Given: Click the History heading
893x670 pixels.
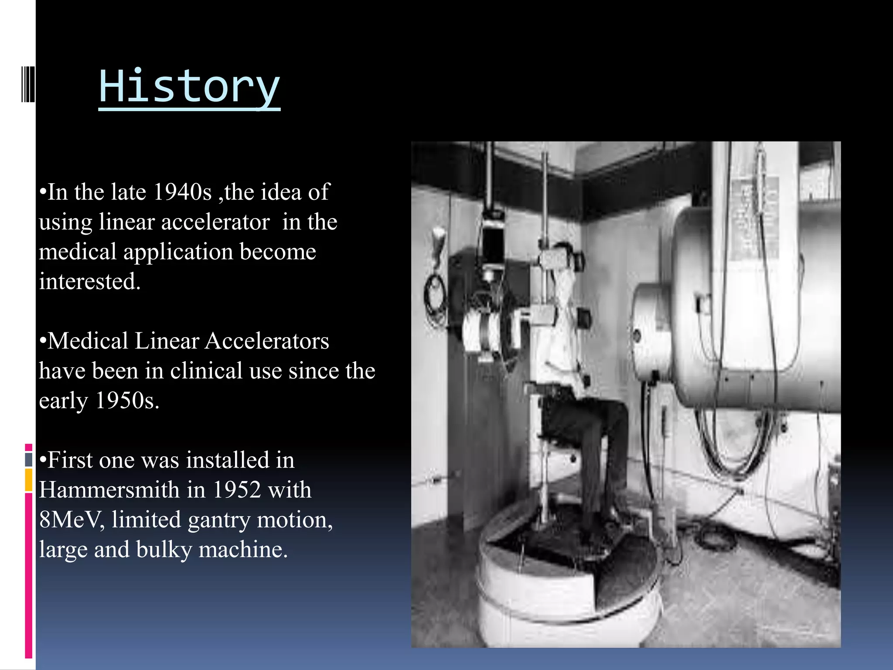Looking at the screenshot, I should click(x=189, y=87).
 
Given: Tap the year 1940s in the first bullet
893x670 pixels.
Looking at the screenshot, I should click(x=183, y=192).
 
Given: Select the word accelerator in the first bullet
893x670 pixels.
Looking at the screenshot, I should click(x=215, y=222).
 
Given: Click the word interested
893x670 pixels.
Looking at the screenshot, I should click(x=89, y=281).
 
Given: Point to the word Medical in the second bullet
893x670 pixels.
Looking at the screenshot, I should click(x=87, y=341).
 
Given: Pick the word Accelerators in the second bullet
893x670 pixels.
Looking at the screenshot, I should click(x=267, y=341).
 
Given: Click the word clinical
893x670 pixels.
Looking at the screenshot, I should click(x=206, y=371).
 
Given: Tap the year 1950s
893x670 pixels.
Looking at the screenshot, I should click(x=127, y=400).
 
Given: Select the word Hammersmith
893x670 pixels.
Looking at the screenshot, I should click(x=109, y=490).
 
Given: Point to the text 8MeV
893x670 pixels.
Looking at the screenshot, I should click(x=71, y=520).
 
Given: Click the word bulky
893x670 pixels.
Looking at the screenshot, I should click(x=164, y=550).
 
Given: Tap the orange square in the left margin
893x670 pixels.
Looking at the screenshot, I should click(x=29, y=480).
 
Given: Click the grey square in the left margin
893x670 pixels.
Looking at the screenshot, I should click(x=29, y=459).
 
